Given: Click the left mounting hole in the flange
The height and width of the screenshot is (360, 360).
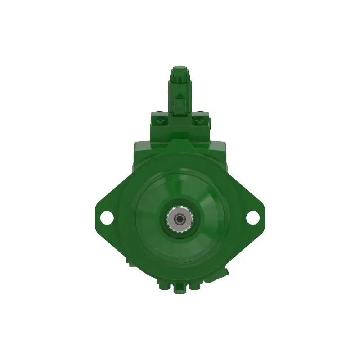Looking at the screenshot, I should (107, 217).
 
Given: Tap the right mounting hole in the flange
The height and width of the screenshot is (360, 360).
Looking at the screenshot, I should (252, 217).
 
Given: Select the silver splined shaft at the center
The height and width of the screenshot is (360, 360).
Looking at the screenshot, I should (180, 219).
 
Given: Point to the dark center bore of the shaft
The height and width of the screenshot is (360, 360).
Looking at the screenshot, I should (180, 219).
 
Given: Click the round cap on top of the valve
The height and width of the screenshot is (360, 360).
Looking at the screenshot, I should (180, 70).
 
